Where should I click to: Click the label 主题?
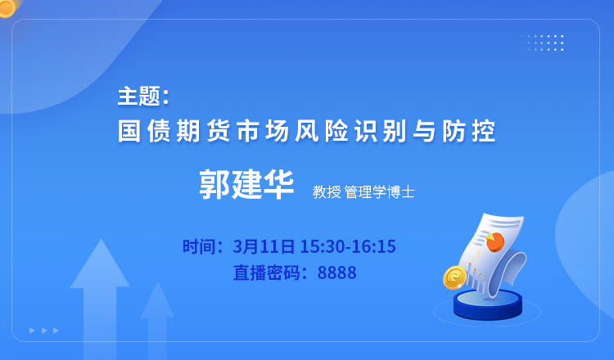[143, 97]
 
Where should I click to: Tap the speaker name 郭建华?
[246, 184]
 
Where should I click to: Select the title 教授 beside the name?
[327, 192]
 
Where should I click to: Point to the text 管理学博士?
[379, 192]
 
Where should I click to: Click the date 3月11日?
[264, 246]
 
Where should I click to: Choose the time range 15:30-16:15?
[348, 246]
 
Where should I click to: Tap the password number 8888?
[336, 272]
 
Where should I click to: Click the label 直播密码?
[267, 272]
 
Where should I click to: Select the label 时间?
[199, 246]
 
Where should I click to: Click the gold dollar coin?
[455, 277]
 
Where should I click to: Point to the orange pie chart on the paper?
[494, 242]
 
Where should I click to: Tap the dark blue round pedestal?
[488, 305]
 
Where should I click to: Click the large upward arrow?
[100, 299]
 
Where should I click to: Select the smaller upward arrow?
[157, 320]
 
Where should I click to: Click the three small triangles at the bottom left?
[44, 331]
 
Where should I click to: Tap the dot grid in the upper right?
[542, 43]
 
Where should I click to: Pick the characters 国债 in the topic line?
[144, 131]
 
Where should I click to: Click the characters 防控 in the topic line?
[469, 131]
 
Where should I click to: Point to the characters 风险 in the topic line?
[322, 131]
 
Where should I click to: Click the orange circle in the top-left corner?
[7, 7]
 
